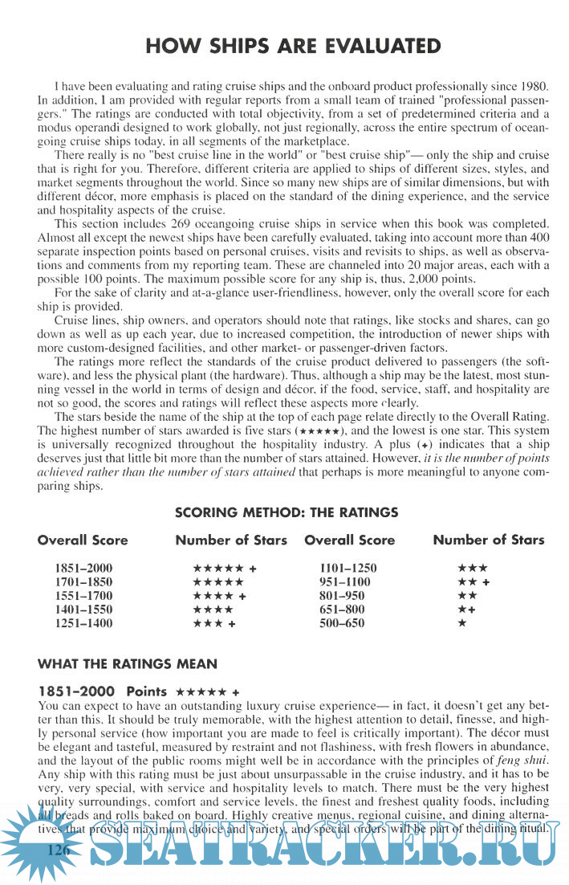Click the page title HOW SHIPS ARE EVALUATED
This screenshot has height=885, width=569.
pos(294,46)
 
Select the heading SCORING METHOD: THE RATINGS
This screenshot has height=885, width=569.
pos(287,512)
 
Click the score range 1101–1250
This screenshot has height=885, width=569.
pos(347,568)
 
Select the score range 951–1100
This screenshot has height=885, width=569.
pos(344,581)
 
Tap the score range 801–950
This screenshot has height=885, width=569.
pos(342,595)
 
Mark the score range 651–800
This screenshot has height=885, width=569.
pos(342,609)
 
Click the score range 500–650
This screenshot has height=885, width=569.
pos(342,622)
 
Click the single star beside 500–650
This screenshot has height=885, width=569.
pos(461,622)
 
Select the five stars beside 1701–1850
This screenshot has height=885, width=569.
pos(217,581)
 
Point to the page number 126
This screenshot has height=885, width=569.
pos(59,850)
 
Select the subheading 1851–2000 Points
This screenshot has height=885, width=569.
pos(102,691)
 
